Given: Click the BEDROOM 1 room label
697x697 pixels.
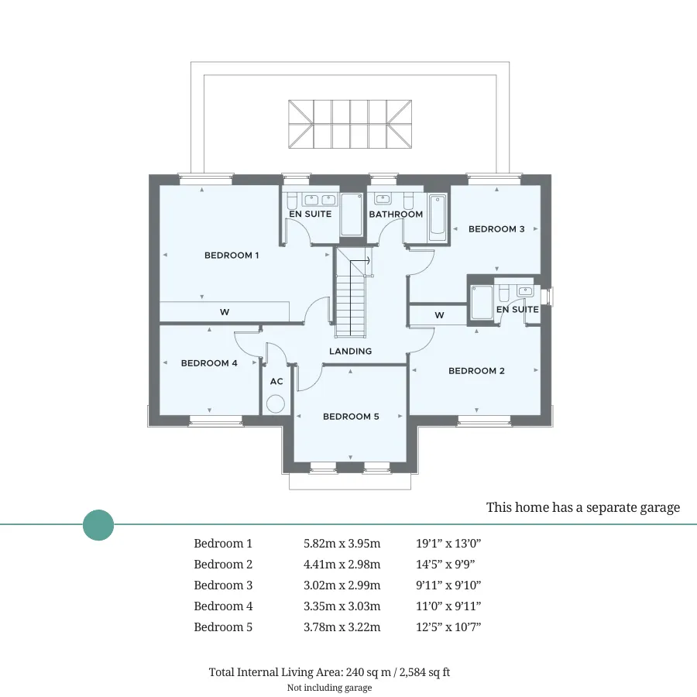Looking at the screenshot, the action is tap(231, 255).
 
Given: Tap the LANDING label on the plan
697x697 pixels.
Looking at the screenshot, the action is tap(350, 351).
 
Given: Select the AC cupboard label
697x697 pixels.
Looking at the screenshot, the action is tap(276, 381).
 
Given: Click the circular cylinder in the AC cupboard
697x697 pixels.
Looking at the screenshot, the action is tap(276, 404).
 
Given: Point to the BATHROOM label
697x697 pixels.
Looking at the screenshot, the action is tap(396, 215).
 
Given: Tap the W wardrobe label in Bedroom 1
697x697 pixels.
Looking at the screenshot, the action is tap(225, 312).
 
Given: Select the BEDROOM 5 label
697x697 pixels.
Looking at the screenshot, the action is tap(351, 417).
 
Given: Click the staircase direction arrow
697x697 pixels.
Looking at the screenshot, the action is tap(360, 261).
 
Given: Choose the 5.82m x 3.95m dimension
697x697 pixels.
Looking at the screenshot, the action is tap(342, 543).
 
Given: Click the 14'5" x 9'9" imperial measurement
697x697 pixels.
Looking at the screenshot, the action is tap(445, 564).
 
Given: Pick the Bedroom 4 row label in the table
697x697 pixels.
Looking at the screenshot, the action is tap(223, 606).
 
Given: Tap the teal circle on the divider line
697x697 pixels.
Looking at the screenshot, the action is tap(98, 525).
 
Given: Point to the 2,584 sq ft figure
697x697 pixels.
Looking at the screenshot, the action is tap(424, 672).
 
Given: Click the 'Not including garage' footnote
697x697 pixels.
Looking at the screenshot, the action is tap(329, 688).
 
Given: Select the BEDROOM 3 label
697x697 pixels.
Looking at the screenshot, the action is tap(496, 229).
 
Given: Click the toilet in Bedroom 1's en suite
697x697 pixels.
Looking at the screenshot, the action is tap(292, 201).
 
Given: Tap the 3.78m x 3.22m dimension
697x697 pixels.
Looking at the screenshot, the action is tap(342, 627).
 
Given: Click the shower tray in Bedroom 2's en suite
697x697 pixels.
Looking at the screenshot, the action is tap(482, 302).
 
